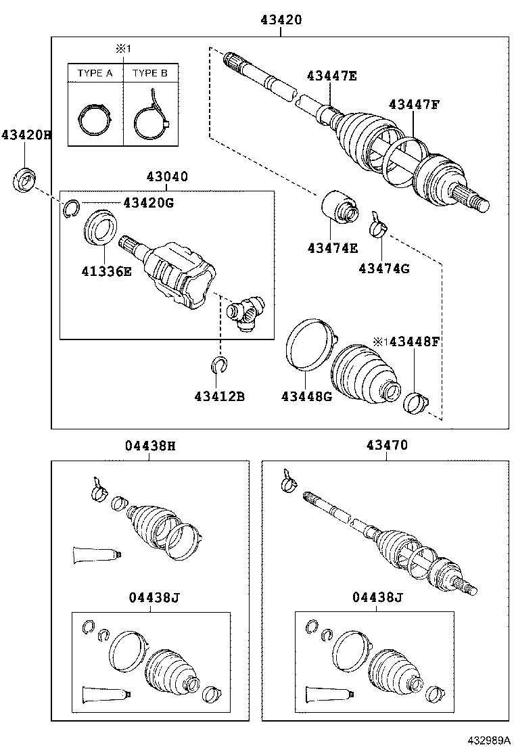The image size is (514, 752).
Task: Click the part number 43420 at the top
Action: (x=281, y=20)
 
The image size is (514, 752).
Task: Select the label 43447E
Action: (x=331, y=76)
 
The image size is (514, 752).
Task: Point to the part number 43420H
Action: (x=26, y=135)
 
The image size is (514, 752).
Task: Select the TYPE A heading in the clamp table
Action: (x=95, y=73)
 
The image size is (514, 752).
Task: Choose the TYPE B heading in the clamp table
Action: (x=150, y=73)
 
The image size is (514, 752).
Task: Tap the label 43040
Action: (x=166, y=177)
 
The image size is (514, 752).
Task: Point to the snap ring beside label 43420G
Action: (x=71, y=210)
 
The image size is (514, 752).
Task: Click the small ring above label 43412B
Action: (x=218, y=366)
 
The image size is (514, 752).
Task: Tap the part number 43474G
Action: (x=384, y=268)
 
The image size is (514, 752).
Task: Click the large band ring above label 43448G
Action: (x=308, y=345)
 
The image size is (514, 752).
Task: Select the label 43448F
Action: (x=412, y=342)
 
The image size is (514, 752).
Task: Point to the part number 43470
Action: (x=387, y=446)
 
